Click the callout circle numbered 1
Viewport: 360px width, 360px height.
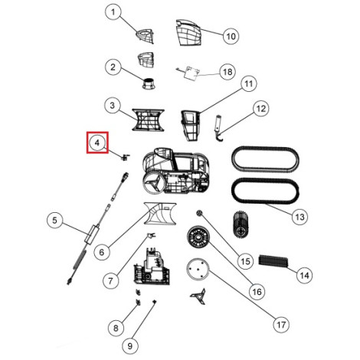[x=113, y=12]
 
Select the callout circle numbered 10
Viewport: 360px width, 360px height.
[x=231, y=36]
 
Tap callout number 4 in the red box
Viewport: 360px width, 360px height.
[x=97, y=142]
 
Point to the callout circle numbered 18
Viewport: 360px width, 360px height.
[x=227, y=72]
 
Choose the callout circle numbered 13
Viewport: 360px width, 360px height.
[x=299, y=217]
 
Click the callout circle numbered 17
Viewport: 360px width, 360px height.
[x=281, y=325]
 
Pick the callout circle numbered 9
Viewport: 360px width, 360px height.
[x=130, y=346]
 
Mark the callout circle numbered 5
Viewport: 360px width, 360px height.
[x=55, y=221]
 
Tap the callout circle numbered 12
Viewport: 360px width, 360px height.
[x=261, y=109]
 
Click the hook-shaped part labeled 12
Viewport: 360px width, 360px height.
[x=218, y=128]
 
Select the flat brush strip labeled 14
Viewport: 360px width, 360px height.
[x=273, y=261]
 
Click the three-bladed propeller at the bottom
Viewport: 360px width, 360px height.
[x=198, y=296]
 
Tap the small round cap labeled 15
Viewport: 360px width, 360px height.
[x=199, y=212]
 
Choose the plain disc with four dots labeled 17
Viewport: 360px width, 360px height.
[x=198, y=269]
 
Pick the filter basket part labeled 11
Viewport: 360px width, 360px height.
[x=190, y=126]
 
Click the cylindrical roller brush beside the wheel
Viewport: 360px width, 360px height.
[x=241, y=224]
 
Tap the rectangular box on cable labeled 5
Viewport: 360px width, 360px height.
[x=91, y=234]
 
